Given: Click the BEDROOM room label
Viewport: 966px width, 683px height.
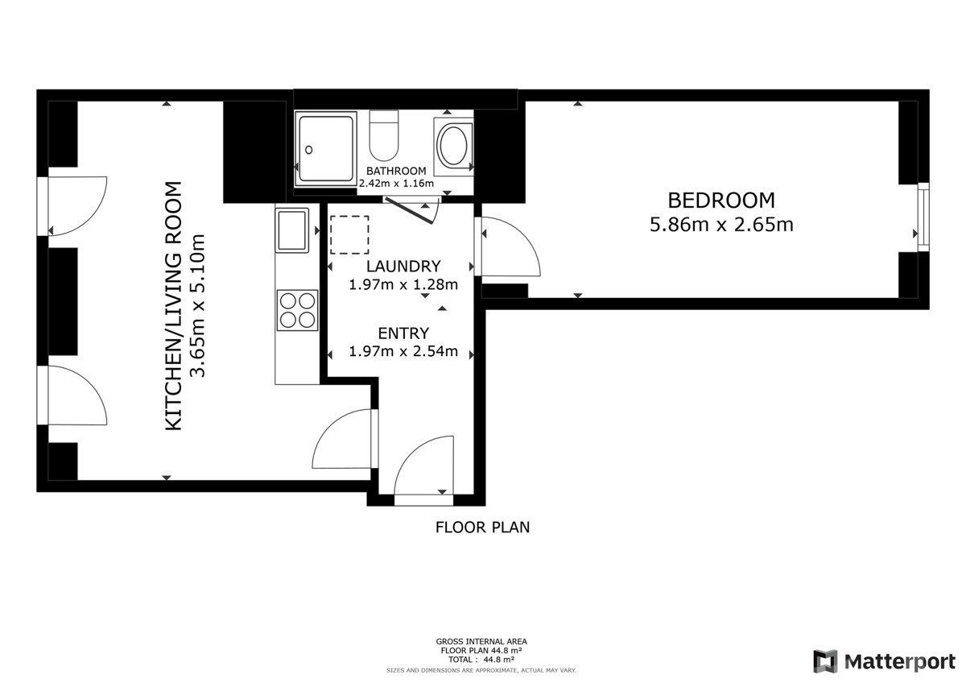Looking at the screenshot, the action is (x=721, y=201).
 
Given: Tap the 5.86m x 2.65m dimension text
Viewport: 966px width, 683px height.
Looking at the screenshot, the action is (x=721, y=225).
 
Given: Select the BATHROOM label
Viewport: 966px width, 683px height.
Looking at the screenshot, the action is (x=396, y=171).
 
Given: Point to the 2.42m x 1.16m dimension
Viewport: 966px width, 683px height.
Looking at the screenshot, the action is (x=396, y=184).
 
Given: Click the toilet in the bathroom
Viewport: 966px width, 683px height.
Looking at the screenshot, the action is (x=384, y=135).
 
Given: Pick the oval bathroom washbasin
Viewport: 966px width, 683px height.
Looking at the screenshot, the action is (x=452, y=144).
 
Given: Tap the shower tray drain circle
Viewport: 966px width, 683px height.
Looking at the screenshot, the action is (x=309, y=150).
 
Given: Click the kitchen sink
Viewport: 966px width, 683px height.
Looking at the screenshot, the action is (x=292, y=230).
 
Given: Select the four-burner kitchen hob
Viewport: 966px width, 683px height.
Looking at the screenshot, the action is (x=297, y=310).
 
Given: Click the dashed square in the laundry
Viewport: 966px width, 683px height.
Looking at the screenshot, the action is (x=349, y=234).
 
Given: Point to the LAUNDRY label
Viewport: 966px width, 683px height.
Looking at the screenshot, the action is (x=403, y=267).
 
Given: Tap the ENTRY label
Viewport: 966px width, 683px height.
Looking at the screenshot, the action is (x=403, y=333).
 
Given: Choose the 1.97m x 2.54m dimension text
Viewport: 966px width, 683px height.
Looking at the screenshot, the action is (x=403, y=351).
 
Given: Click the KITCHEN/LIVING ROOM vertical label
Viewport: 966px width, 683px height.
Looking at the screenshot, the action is (x=174, y=305).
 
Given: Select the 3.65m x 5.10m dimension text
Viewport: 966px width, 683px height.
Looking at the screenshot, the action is (x=197, y=305).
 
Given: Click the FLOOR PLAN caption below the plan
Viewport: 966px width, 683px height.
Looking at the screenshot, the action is (x=482, y=528).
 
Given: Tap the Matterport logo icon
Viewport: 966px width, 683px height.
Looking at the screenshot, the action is (x=825, y=661).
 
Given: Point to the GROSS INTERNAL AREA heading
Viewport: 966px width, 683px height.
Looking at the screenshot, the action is (x=481, y=642).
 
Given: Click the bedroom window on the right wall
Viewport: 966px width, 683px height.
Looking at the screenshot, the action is (x=923, y=217).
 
